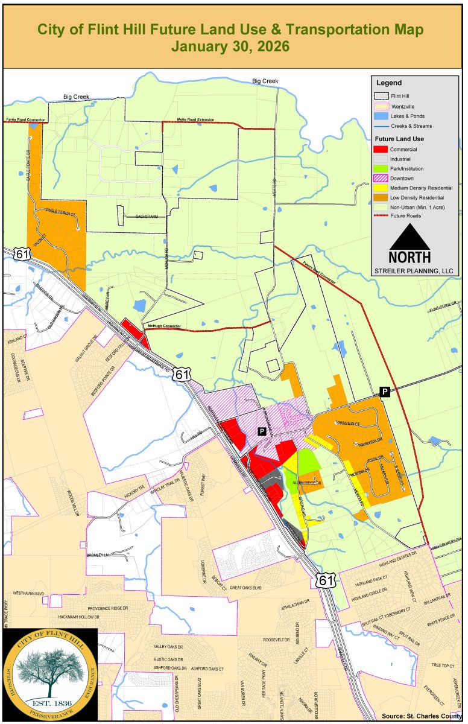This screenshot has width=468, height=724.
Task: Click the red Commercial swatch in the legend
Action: tap(380, 148)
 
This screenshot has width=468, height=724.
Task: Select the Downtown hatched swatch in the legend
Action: tap(380, 178)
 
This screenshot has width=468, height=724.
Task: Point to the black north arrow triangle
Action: tap(410, 236)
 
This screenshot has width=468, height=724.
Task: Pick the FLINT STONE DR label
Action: tap(444, 310)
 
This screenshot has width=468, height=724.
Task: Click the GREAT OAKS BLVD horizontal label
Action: tap(247, 587)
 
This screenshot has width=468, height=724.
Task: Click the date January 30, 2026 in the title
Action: tap(230, 46)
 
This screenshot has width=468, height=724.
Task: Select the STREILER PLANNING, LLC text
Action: tap(413, 271)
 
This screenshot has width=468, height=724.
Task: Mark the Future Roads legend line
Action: tap(381, 215)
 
